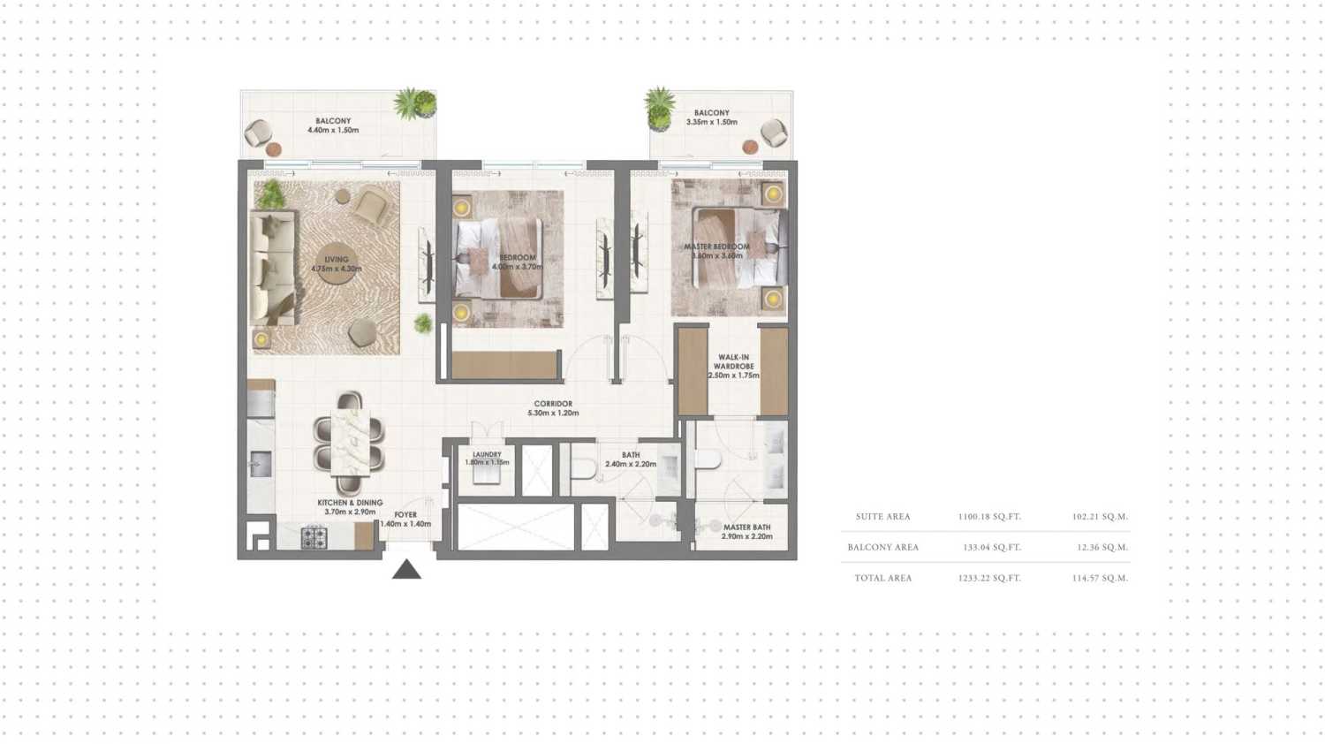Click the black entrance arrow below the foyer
(x=406, y=570)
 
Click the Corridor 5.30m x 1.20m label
(x=553, y=408)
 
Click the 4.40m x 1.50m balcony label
(x=333, y=125)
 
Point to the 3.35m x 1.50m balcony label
(x=711, y=118)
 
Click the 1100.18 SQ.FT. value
(x=989, y=517)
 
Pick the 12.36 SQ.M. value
(x=1102, y=548)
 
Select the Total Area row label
(x=882, y=578)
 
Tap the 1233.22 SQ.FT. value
(x=989, y=578)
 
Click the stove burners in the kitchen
(x=314, y=536)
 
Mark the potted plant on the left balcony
(x=414, y=104)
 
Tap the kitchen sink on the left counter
(x=260, y=463)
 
